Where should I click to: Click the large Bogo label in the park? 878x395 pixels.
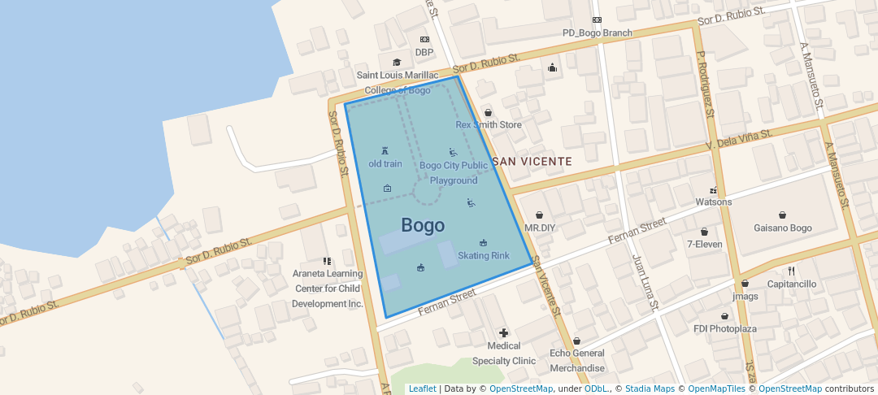click(x=423, y=225)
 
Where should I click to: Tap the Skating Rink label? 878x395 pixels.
click(x=484, y=255)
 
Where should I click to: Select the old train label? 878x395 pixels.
click(x=385, y=163)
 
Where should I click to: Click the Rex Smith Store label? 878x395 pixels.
click(x=488, y=125)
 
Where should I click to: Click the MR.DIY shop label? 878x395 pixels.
click(x=539, y=228)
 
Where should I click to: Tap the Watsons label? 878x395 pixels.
click(x=714, y=202)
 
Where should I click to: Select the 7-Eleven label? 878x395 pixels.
click(x=704, y=244)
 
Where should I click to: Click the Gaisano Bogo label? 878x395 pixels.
click(x=783, y=228)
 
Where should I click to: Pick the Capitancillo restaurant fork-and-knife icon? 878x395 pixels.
click(x=790, y=271)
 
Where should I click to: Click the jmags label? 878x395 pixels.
click(x=745, y=297)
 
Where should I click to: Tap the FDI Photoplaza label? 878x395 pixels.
click(x=724, y=329)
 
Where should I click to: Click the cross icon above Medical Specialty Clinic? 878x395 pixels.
click(x=504, y=332)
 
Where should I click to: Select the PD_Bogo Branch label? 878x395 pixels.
click(x=597, y=33)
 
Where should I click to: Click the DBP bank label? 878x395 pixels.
click(x=424, y=52)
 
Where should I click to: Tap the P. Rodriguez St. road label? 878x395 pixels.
click(x=704, y=85)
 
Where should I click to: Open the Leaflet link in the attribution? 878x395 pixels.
click(x=422, y=388)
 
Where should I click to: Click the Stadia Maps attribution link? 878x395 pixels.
click(x=650, y=388)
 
